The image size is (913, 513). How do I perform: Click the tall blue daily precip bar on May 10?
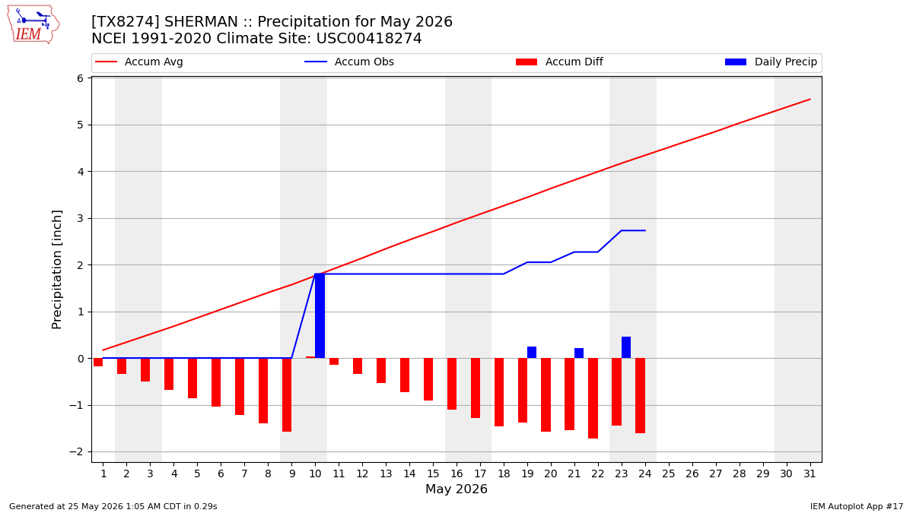pyautogui.click(x=320, y=316)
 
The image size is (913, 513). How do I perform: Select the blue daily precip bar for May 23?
pyautogui.click(x=626, y=348)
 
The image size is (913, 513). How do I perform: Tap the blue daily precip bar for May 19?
pyautogui.click(x=532, y=353)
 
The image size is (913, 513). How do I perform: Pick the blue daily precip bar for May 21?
pyautogui.click(x=579, y=353)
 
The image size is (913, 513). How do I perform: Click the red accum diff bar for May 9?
pyautogui.click(x=287, y=395)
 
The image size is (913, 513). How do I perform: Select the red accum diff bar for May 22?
pyautogui.click(x=593, y=398)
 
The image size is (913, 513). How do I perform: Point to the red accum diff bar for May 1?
pyautogui.click(x=98, y=363)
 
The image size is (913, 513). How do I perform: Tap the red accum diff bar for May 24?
pyautogui.click(x=641, y=396)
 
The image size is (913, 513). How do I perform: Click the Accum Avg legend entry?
pyautogui.click(x=139, y=62)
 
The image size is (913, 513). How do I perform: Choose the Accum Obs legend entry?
pyautogui.click(x=349, y=62)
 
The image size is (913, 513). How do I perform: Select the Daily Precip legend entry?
pyautogui.click(x=771, y=62)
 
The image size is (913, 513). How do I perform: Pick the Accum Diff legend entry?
pyautogui.click(x=559, y=62)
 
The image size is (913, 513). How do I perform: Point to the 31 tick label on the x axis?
pyautogui.click(x=810, y=474)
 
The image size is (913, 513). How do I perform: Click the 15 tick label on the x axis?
pyautogui.click(x=433, y=474)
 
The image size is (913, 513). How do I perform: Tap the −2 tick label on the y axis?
pyautogui.click(x=76, y=452)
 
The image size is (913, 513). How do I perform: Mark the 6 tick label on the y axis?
pyautogui.click(x=81, y=78)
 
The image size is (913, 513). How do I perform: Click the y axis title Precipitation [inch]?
pyautogui.click(x=56, y=270)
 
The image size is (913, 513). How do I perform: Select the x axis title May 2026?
pyautogui.click(x=456, y=489)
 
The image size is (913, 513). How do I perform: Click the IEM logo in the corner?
pyautogui.click(x=33, y=24)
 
